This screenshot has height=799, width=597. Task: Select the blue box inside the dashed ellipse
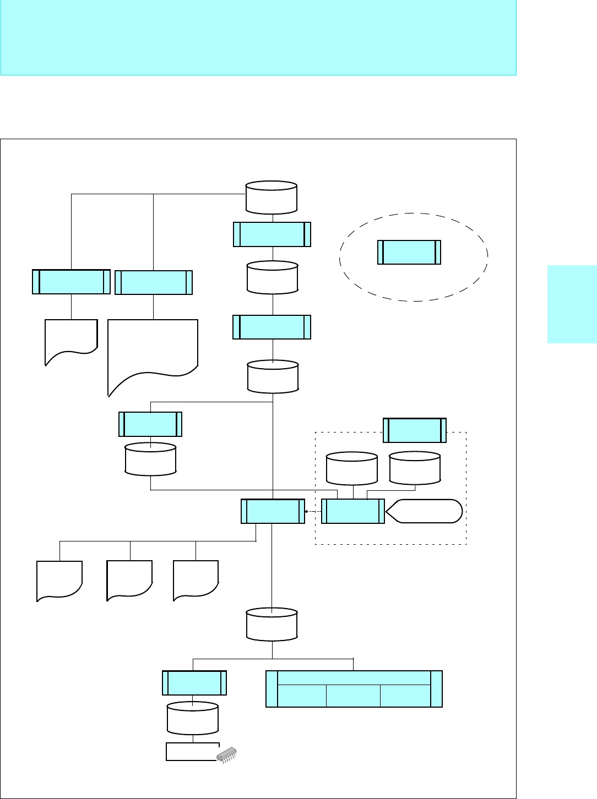point(409,252)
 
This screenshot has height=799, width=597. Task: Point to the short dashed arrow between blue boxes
point(313,511)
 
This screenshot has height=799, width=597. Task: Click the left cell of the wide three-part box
point(302,696)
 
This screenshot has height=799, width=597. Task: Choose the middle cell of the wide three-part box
point(353,696)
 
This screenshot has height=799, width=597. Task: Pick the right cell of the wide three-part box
point(405,696)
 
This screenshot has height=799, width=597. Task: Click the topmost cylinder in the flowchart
point(272,197)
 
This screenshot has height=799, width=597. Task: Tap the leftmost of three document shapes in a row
point(59,580)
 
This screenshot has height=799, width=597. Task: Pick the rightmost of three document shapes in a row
point(196,580)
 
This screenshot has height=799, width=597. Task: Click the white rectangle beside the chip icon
point(191,752)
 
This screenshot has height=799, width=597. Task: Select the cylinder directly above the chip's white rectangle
point(193,718)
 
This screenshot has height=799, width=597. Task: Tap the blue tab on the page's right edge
point(572,304)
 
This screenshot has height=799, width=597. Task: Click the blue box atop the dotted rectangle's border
point(415,430)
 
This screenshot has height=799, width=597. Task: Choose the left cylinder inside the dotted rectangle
point(352,468)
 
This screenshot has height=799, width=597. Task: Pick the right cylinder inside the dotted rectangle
point(415,468)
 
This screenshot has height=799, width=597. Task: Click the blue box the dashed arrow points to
point(273,511)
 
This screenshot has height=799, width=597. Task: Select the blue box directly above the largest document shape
point(154,282)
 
